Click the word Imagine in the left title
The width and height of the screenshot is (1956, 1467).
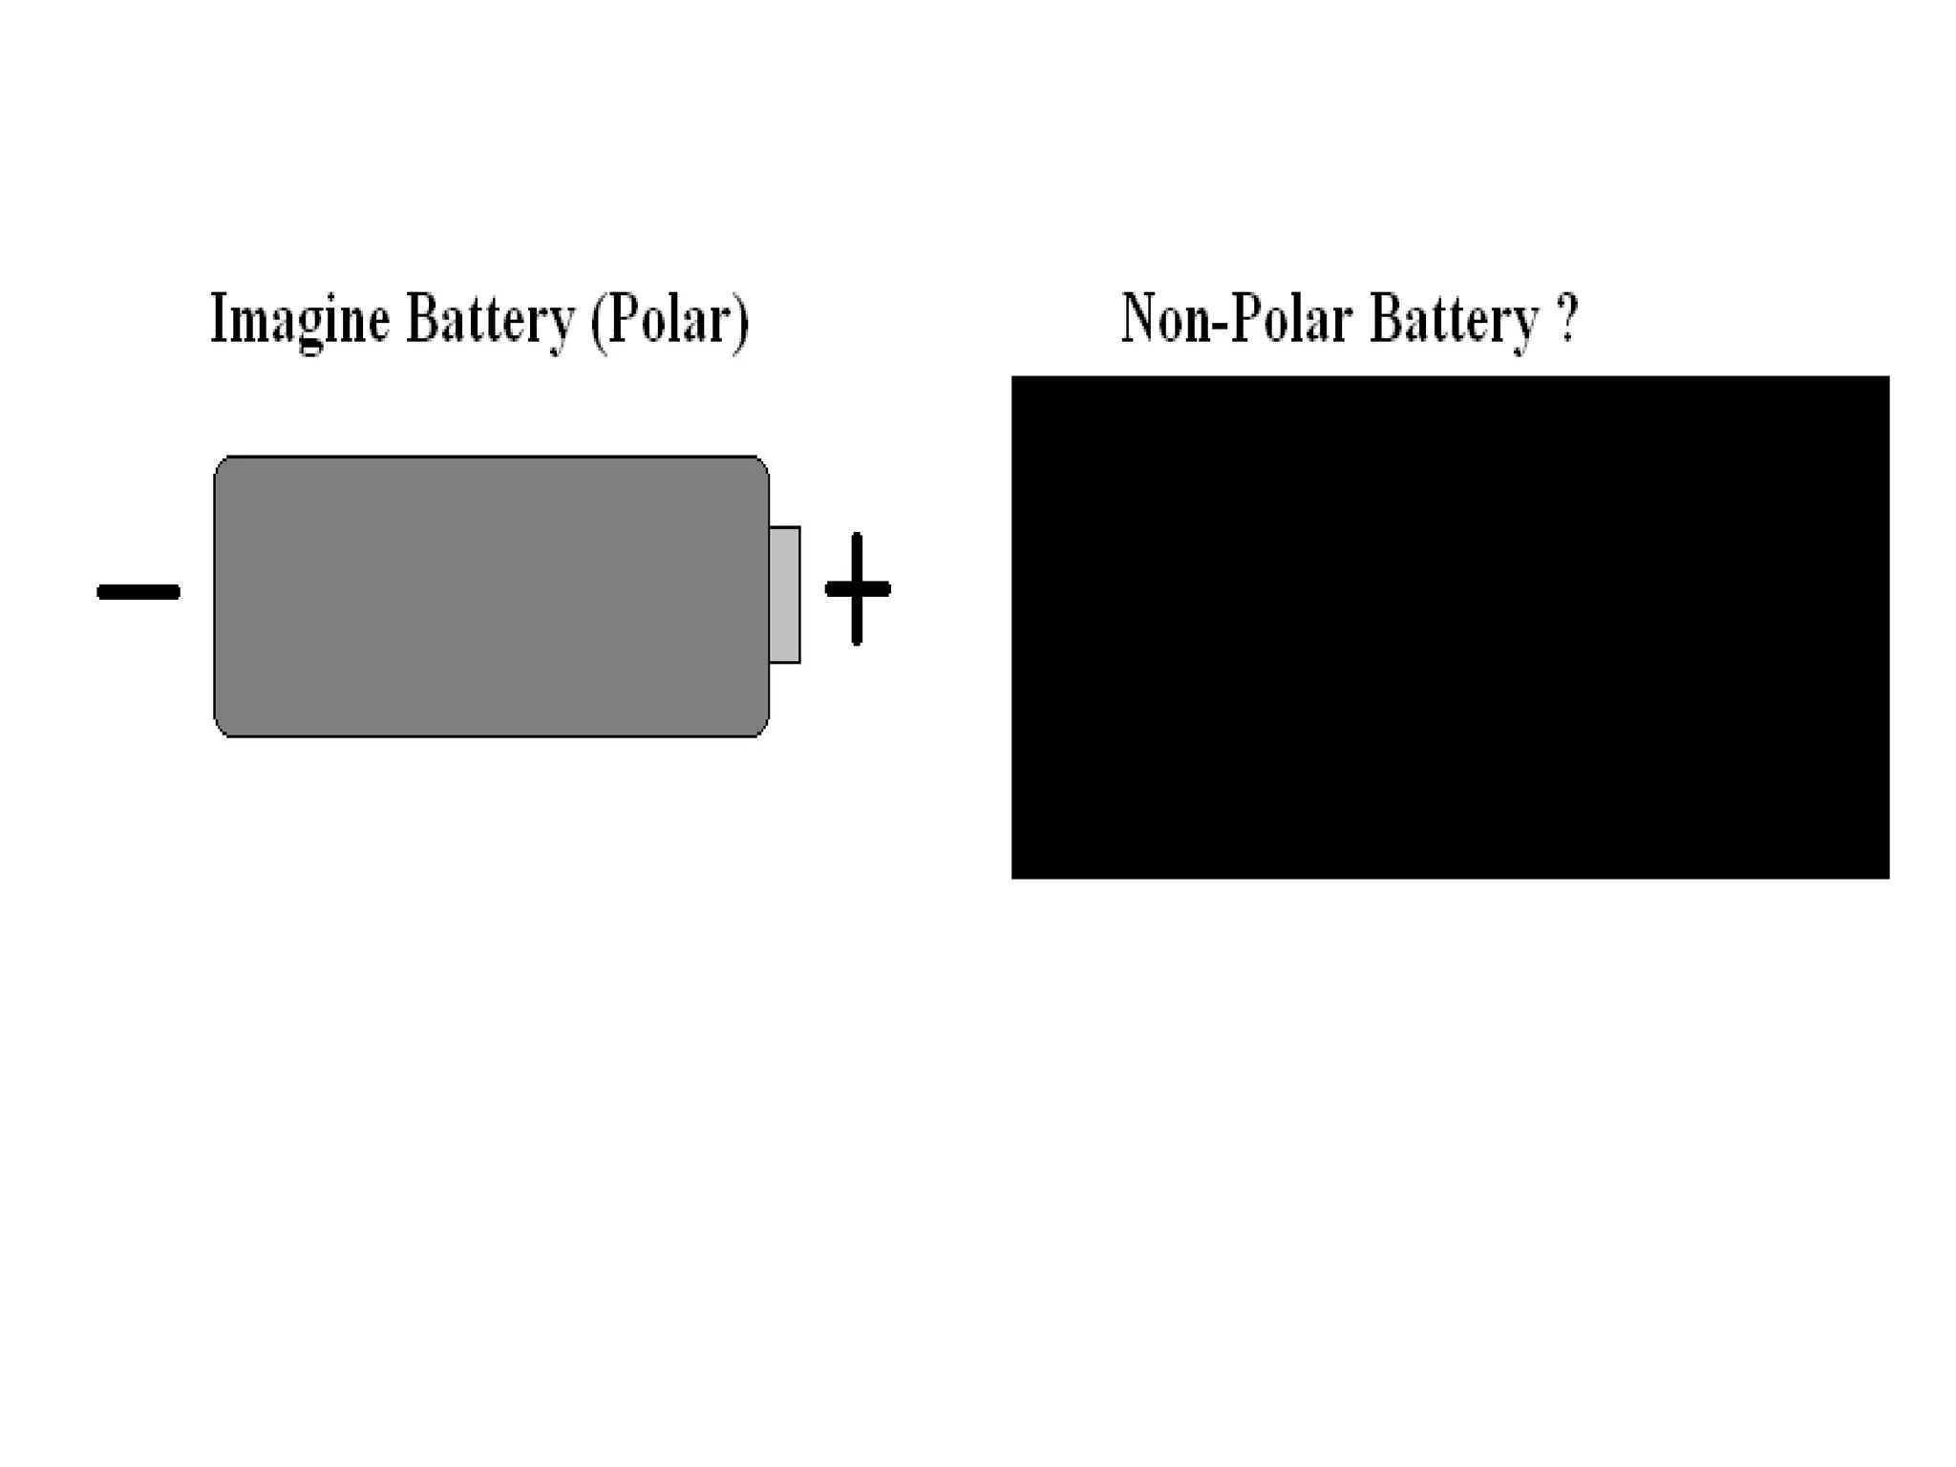click(300, 320)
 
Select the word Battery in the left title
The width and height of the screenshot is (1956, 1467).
click(490, 320)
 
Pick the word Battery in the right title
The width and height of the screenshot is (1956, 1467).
click(1454, 320)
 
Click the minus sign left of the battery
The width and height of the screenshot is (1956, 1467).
click(138, 592)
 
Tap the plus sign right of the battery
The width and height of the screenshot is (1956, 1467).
click(857, 588)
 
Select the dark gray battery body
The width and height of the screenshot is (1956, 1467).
click(491, 597)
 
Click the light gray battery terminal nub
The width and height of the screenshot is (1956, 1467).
click(784, 594)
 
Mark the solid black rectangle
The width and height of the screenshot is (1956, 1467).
click(1450, 627)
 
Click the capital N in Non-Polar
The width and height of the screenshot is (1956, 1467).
click(1138, 317)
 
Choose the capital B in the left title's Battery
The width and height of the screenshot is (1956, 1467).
click(421, 317)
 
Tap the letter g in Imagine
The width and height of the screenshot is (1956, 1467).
click(310, 327)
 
